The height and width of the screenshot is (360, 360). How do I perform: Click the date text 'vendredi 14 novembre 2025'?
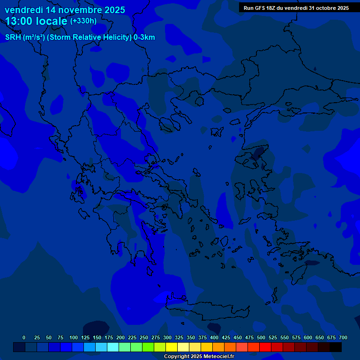[65, 10]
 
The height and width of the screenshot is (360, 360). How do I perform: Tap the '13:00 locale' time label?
[37, 21]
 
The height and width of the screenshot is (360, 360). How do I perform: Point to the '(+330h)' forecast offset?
[83, 21]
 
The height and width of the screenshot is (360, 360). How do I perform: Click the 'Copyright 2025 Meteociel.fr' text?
[199, 356]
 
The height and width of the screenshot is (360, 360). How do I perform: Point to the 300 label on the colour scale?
[167, 337]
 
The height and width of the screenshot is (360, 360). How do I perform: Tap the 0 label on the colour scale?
[24, 337]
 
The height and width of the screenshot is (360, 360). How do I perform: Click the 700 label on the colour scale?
[343, 337]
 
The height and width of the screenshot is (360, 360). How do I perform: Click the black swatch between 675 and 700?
[335, 347]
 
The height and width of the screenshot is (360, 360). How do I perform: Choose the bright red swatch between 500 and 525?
[265, 347]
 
